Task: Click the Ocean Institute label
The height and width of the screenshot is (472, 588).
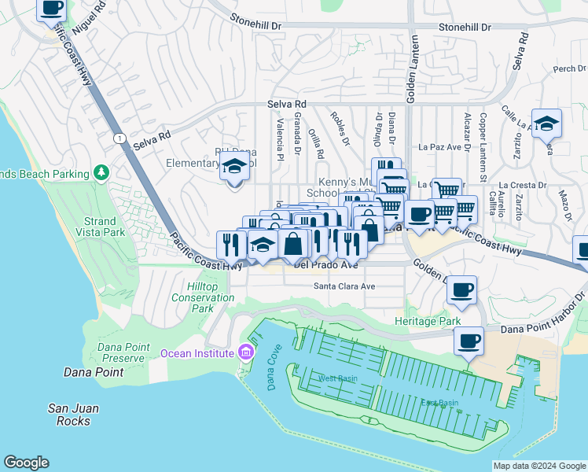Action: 197,353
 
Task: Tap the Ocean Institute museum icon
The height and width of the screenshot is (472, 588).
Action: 246,352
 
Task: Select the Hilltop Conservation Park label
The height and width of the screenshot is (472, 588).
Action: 203,298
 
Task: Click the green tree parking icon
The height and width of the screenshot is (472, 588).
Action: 101,172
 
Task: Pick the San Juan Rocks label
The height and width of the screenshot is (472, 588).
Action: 74,414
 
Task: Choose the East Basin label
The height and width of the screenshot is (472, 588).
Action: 439,403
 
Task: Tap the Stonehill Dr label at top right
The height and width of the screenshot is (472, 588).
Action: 465,26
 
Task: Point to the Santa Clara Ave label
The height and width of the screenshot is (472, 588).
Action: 345,286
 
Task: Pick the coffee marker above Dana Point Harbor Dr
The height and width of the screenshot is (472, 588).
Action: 469,341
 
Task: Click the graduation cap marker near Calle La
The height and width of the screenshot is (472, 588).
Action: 546,123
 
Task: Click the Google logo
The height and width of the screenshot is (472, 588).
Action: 27,463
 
